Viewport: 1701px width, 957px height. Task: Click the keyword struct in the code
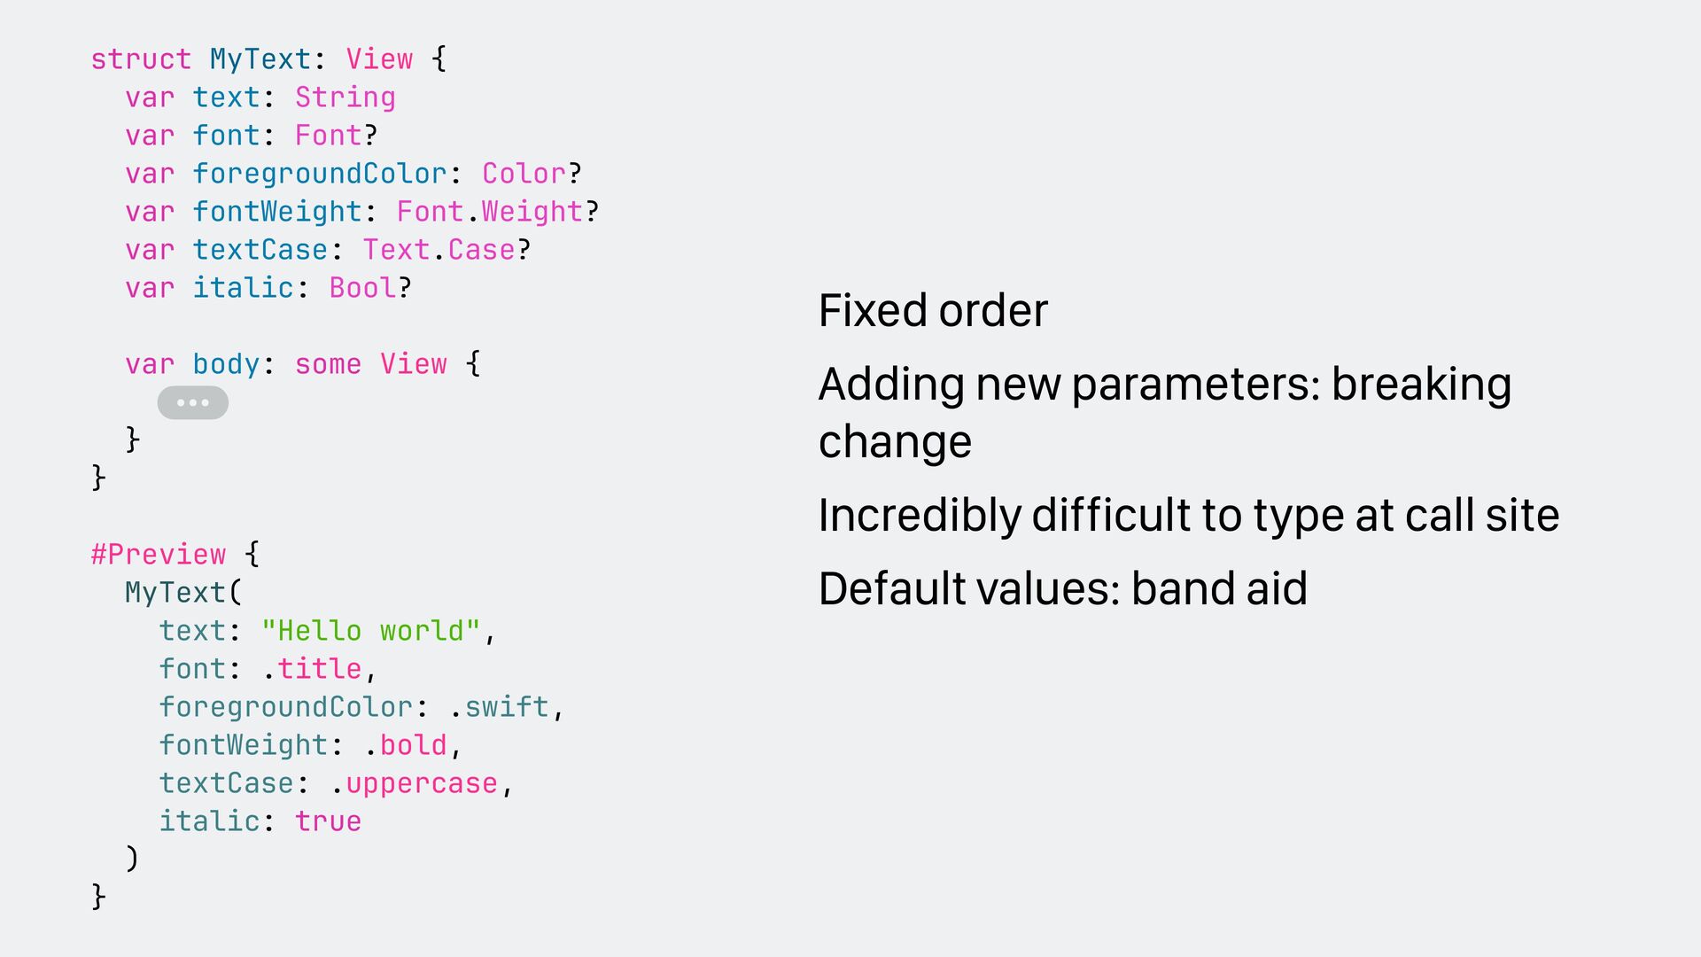tap(141, 59)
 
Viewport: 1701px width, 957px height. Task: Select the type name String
tap(345, 97)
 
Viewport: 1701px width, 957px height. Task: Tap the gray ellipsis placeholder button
tap(192, 403)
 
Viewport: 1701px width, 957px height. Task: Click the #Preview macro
tap(159, 555)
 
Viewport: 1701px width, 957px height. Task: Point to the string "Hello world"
tap(370, 631)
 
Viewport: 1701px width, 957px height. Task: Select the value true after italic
tap(328, 821)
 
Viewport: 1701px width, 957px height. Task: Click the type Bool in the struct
tap(362, 288)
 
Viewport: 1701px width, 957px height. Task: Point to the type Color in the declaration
tap(524, 174)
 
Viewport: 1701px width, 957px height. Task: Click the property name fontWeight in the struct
tap(277, 212)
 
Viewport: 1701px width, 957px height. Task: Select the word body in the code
tap(226, 364)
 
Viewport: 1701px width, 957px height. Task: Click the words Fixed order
tap(933, 311)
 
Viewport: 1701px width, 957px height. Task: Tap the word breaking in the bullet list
tap(1421, 385)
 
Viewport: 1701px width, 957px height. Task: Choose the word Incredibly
tap(919, 516)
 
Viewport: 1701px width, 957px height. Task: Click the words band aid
tap(1219, 589)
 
